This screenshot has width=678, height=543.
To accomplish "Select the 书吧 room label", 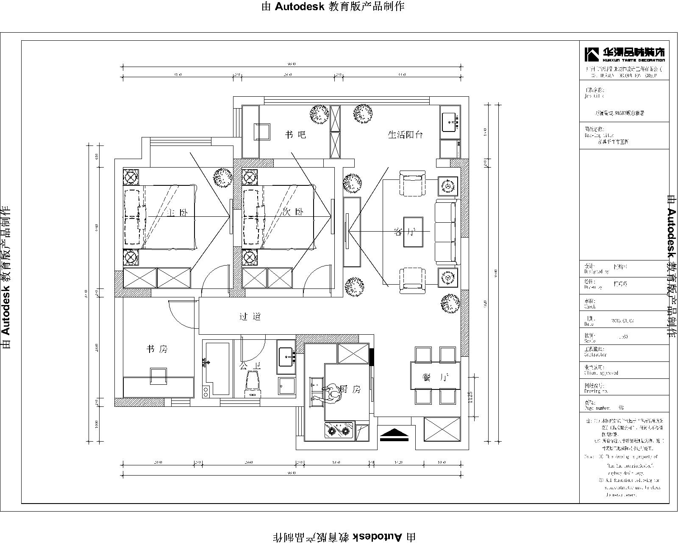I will (x=295, y=135).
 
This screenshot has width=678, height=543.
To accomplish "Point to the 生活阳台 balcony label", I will (x=406, y=135).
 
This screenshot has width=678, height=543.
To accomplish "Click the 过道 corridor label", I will (x=250, y=316).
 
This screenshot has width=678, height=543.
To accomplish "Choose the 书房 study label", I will (x=157, y=349).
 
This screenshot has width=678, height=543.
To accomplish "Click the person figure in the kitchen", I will (x=332, y=395).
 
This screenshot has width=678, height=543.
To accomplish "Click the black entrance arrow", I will (x=394, y=435).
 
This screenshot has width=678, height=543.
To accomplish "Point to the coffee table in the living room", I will (x=413, y=232).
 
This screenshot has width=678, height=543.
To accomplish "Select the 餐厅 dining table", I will (x=435, y=375).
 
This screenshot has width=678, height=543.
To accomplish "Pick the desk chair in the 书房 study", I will (x=158, y=376).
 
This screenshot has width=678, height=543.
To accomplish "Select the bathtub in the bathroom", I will (x=217, y=367).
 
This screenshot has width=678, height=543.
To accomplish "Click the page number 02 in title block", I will (x=621, y=408).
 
